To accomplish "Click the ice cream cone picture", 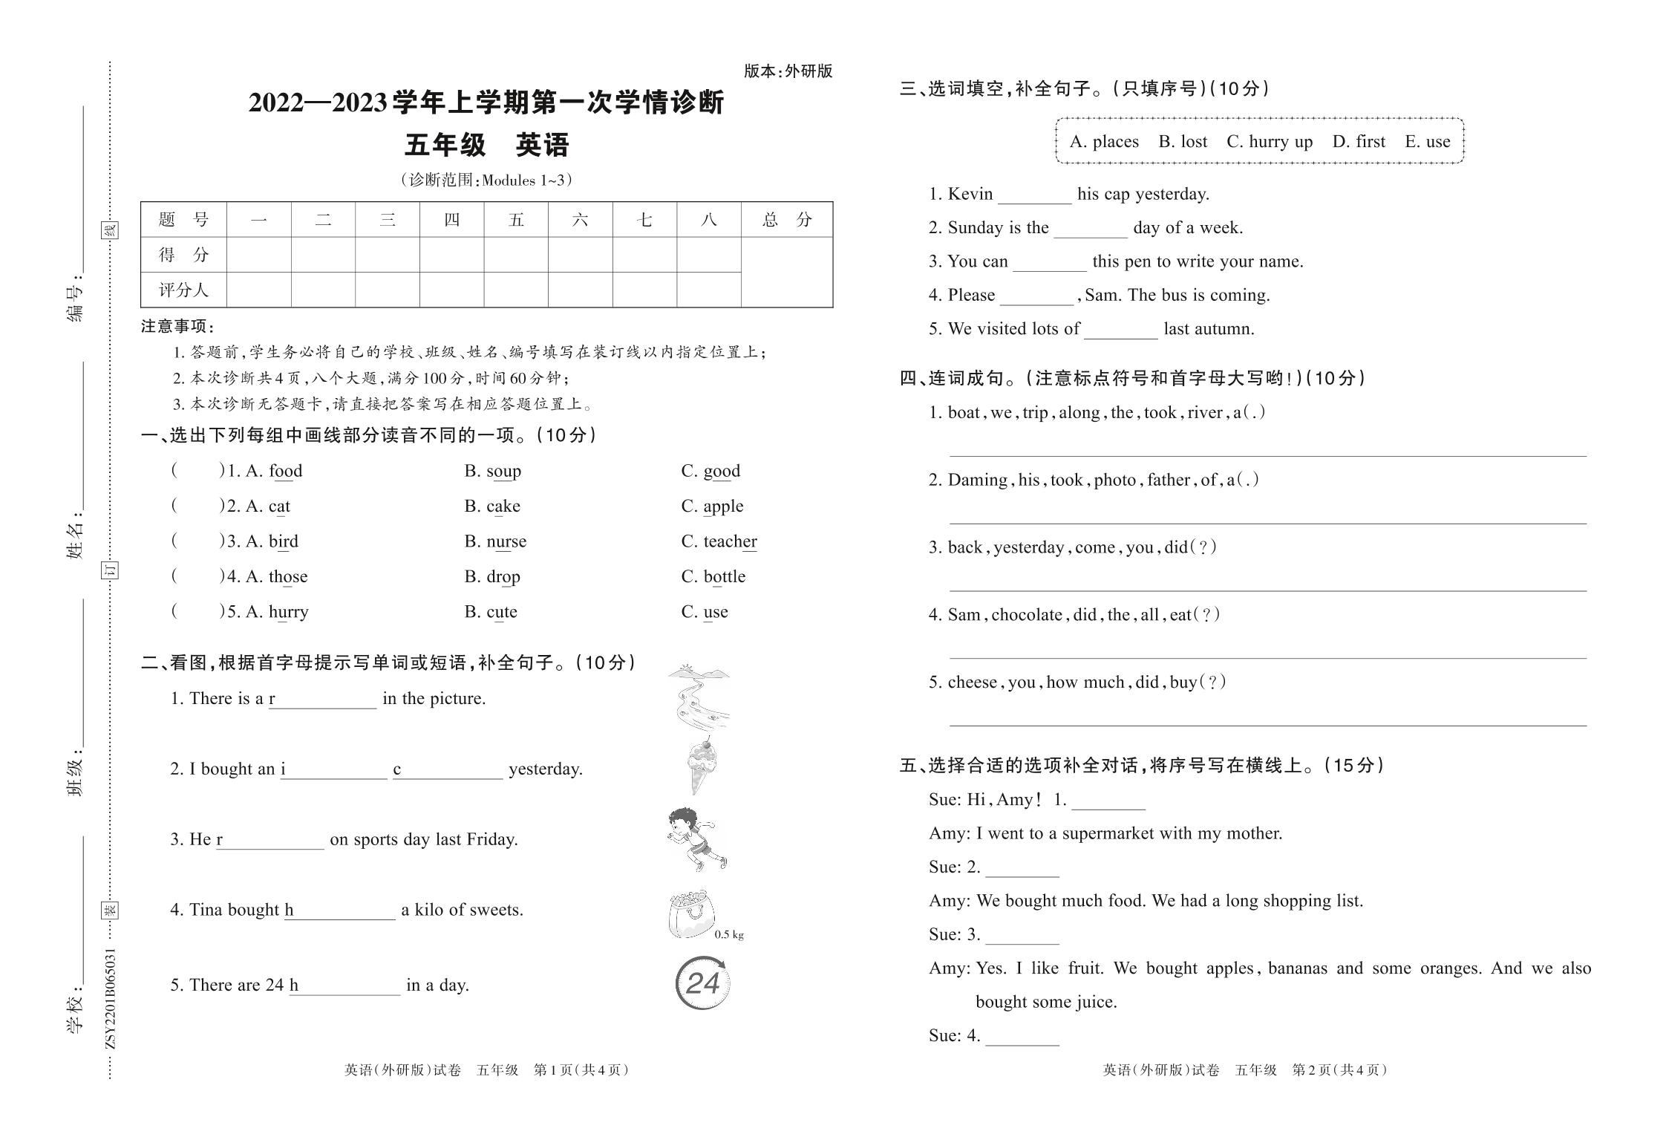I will pos(702,766).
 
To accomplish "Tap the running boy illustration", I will pos(696,839).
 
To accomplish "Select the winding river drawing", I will pos(699,698).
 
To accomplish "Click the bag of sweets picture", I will pos(690,914).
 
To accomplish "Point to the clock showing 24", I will pos(702,983).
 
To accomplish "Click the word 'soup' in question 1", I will pos(503,471).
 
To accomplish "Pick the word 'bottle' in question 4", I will pos(724,576).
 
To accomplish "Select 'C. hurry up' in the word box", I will pos(1269,142).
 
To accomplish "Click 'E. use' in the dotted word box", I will pos(1427,142).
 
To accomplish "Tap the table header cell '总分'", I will pos(786,220).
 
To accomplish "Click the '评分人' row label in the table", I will pos(183,290).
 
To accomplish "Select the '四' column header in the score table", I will pos(451,220).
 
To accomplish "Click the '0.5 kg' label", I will pos(728,935).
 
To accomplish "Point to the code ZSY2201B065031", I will pos(111,997).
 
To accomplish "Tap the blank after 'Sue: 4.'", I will pos(1022,1038).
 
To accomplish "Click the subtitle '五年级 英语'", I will pos(486,145).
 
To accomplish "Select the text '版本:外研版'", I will pos(788,71).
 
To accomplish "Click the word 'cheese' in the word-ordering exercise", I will pos(972,683).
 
